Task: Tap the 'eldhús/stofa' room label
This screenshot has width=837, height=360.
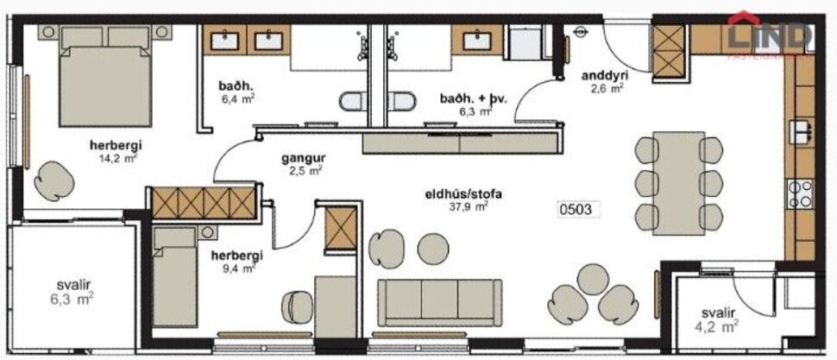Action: click(456, 193)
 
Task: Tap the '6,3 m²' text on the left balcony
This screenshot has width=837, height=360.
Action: click(71, 300)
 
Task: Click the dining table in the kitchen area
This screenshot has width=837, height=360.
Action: click(678, 181)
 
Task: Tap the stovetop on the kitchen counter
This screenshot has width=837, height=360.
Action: click(799, 192)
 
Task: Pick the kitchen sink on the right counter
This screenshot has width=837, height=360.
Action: click(800, 132)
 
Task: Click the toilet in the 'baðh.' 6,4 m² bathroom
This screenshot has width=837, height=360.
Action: click(352, 102)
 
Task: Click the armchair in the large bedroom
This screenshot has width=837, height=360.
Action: click(55, 179)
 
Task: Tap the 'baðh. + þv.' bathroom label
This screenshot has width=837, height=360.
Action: click(473, 99)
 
